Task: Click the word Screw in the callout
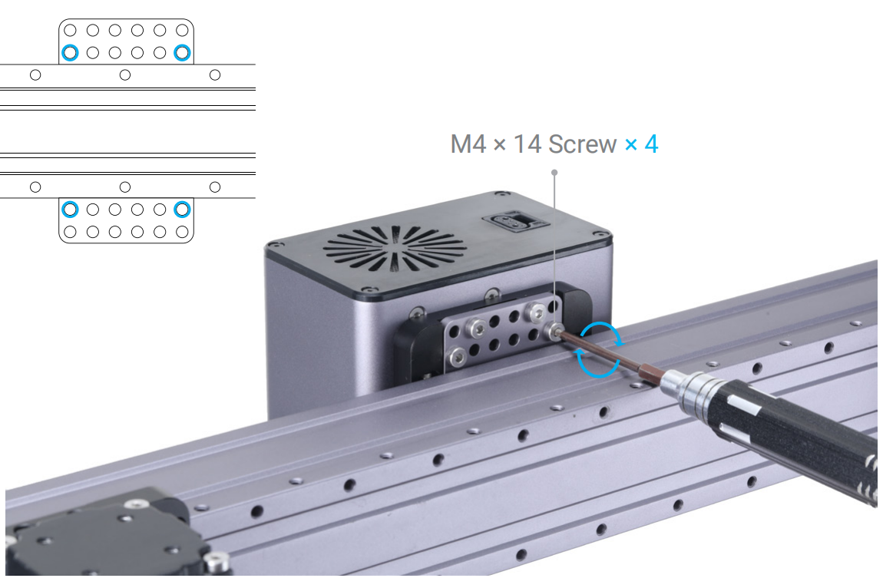click(582, 144)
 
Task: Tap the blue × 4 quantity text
click(641, 144)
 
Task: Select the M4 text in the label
click(468, 144)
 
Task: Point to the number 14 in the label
click(527, 144)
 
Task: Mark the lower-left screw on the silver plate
click(458, 355)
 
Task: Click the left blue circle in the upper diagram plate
click(70, 53)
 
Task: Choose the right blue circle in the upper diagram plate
click(182, 53)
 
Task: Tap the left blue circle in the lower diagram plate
click(70, 209)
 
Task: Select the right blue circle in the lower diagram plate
click(182, 209)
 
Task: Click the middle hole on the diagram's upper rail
click(125, 74)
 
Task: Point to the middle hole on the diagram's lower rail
click(125, 187)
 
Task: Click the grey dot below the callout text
click(554, 173)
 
